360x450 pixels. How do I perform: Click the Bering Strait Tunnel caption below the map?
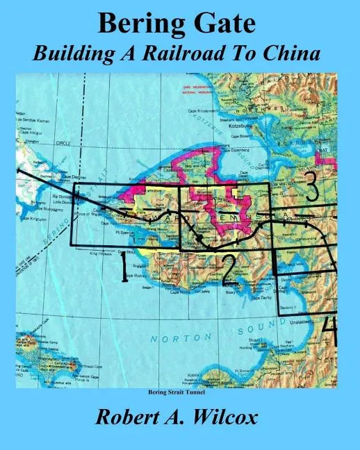click(x=180, y=393)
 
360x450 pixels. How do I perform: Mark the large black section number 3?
click(x=312, y=186)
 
